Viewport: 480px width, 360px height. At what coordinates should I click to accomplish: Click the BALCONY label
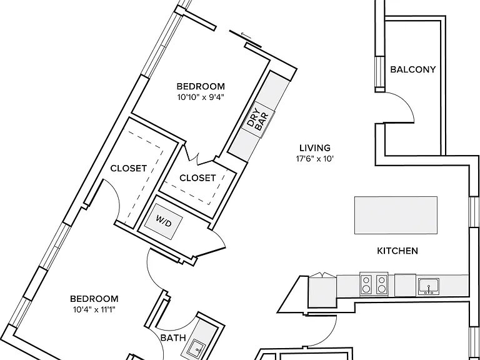coord(412,69)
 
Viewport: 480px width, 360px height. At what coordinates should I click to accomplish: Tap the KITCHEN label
coord(397,251)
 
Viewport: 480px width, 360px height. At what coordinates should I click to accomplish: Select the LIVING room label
coord(315,148)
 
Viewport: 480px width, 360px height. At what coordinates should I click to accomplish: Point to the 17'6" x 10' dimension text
coord(315,159)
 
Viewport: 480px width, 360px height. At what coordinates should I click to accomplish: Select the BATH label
coord(173,338)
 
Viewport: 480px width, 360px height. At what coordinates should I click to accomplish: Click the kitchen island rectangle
coord(396,215)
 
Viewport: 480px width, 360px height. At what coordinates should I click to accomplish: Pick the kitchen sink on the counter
coord(429,286)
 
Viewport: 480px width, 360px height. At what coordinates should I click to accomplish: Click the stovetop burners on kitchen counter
coord(374,284)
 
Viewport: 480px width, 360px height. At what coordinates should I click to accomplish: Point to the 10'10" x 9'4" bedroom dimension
coord(201,97)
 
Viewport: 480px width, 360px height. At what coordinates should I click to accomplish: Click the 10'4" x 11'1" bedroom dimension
coord(94,310)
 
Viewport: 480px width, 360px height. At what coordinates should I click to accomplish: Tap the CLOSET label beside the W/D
coord(197,178)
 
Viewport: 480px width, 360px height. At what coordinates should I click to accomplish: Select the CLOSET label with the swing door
coord(129,168)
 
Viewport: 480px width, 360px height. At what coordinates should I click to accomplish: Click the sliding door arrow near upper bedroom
coord(246,36)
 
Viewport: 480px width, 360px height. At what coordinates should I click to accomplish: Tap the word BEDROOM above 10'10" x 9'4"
coord(201,86)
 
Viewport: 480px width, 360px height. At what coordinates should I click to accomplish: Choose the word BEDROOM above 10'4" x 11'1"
coord(94,299)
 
